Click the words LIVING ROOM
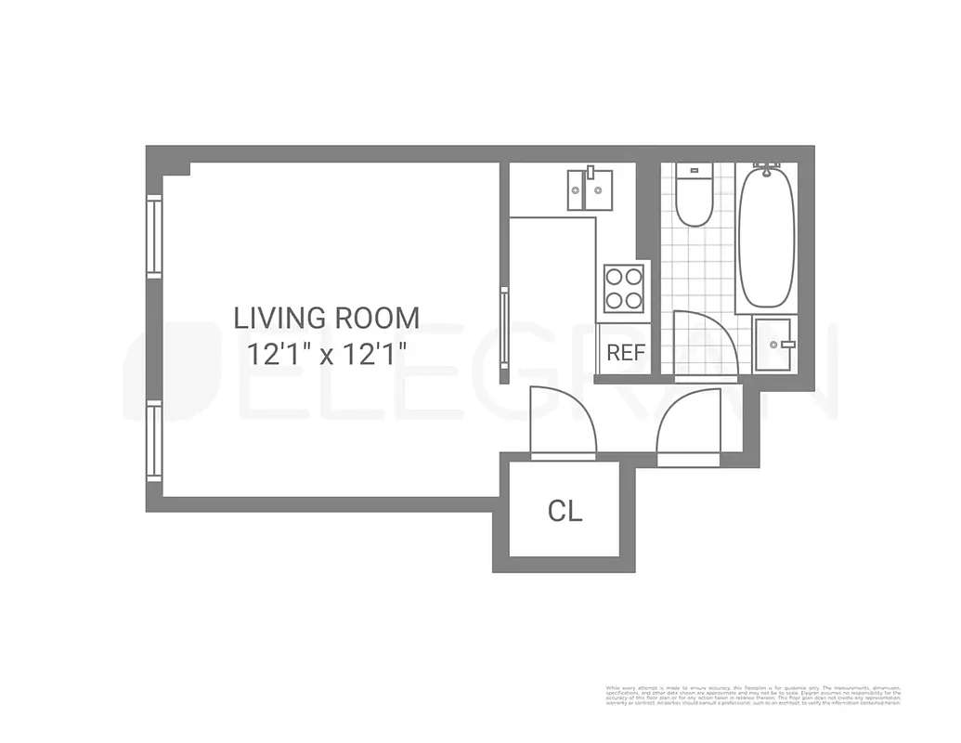click(326, 319)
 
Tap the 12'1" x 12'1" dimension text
click(328, 354)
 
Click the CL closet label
click(565, 512)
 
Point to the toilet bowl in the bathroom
click(694, 206)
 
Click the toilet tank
click(694, 172)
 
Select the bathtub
click(766, 237)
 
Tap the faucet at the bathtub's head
click(766, 170)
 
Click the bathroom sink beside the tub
click(773, 345)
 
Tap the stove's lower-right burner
click(634, 299)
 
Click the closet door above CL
click(561, 423)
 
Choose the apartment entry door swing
click(689, 427)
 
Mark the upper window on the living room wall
click(154, 236)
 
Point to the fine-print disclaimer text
click(753, 697)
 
